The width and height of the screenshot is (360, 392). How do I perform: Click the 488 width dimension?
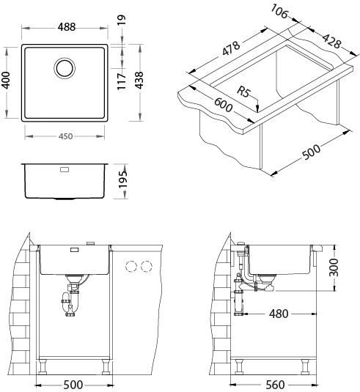[66, 27]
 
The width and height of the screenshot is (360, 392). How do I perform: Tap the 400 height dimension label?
[6, 81]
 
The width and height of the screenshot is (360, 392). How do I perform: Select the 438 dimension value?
[139, 81]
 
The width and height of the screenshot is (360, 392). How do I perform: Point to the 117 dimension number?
[122, 82]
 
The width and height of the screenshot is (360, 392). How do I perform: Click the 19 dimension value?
[122, 20]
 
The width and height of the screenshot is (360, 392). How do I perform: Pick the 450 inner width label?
[65, 136]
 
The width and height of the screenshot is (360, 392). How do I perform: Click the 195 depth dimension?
[123, 180]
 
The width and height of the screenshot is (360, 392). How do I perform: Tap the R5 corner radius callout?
[243, 92]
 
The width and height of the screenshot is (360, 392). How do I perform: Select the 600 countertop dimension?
[223, 105]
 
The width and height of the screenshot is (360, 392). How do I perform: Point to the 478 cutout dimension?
[231, 48]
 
